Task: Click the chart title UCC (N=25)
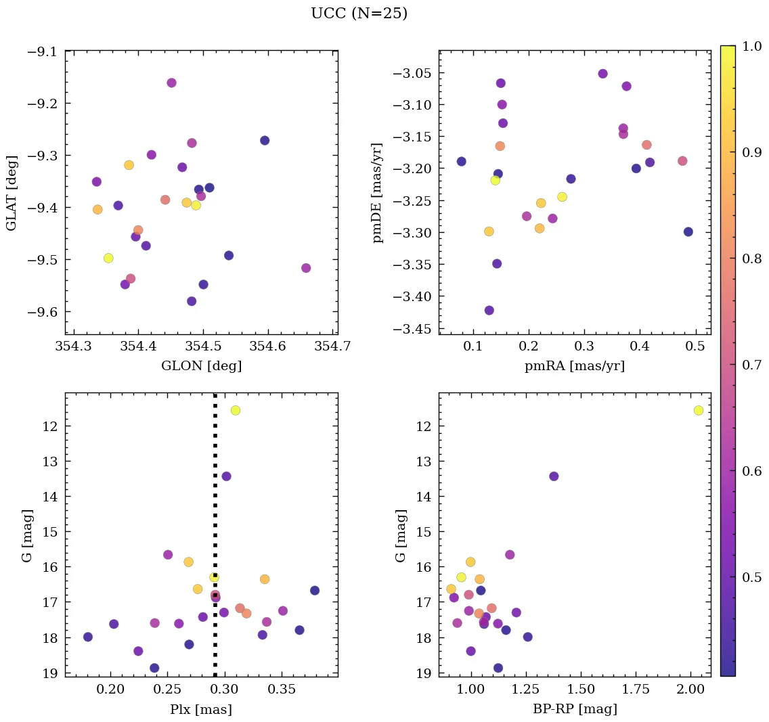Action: [x=359, y=14]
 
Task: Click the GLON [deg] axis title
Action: [x=201, y=366]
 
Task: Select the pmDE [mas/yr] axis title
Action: [x=378, y=192]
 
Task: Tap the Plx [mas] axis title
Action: [x=201, y=709]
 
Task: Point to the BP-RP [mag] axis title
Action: [x=575, y=709]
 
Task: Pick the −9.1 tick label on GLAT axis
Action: [x=43, y=51]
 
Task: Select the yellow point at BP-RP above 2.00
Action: [x=699, y=410]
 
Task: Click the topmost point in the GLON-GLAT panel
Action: [x=171, y=83]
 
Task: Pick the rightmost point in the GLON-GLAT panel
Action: [x=306, y=268]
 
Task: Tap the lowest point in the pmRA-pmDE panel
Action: [x=489, y=311]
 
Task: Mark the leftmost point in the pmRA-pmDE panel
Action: [x=462, y=161]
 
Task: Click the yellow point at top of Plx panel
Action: [x=236, y=410]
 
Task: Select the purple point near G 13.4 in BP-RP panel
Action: [x=554, y=476]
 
